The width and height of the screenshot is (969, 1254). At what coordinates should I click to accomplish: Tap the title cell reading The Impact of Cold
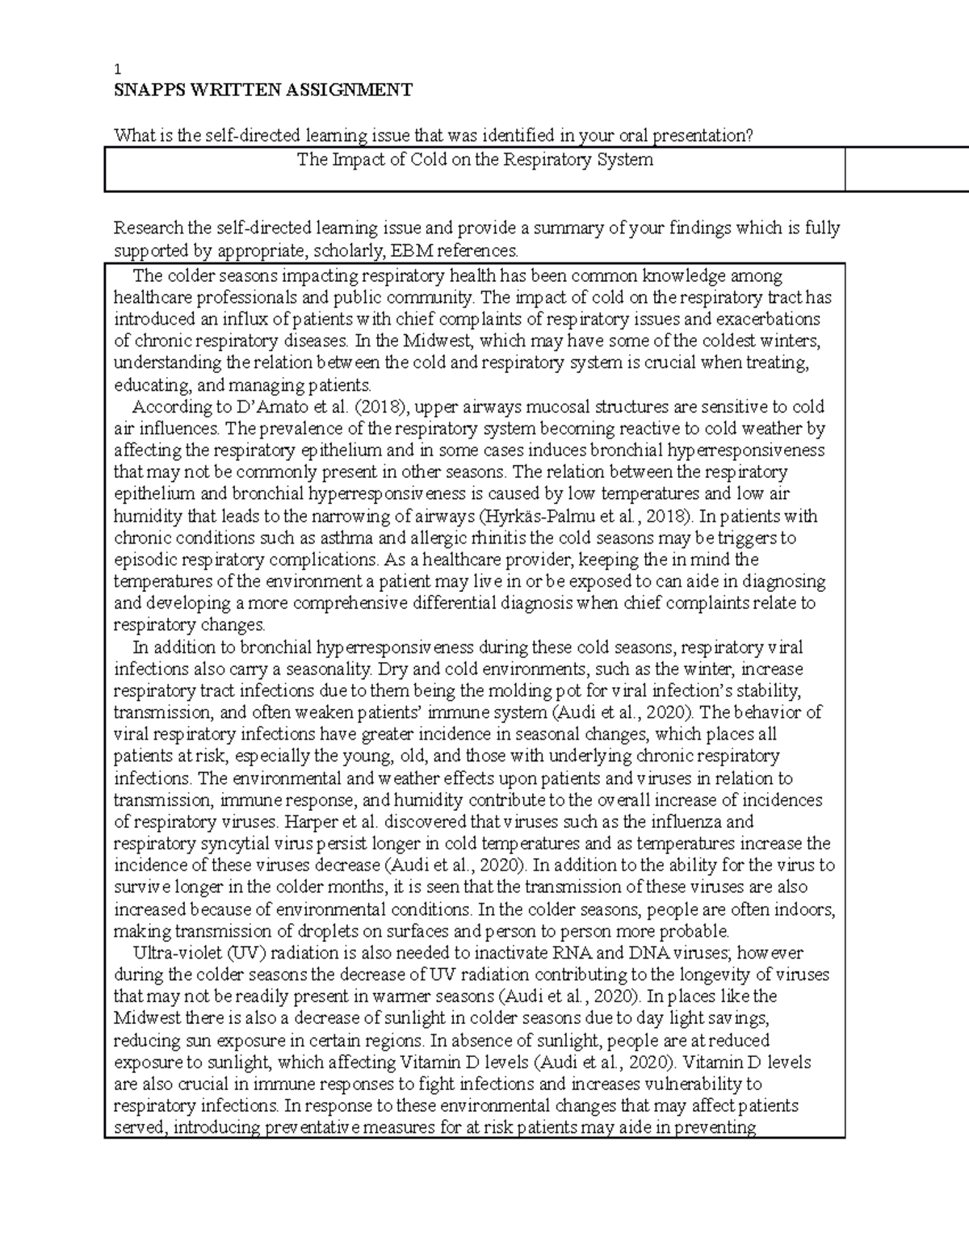[475, 160]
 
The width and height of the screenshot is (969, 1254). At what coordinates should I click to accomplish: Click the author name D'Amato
[240, 406]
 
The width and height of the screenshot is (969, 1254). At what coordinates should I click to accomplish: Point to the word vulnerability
[684, 1084]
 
